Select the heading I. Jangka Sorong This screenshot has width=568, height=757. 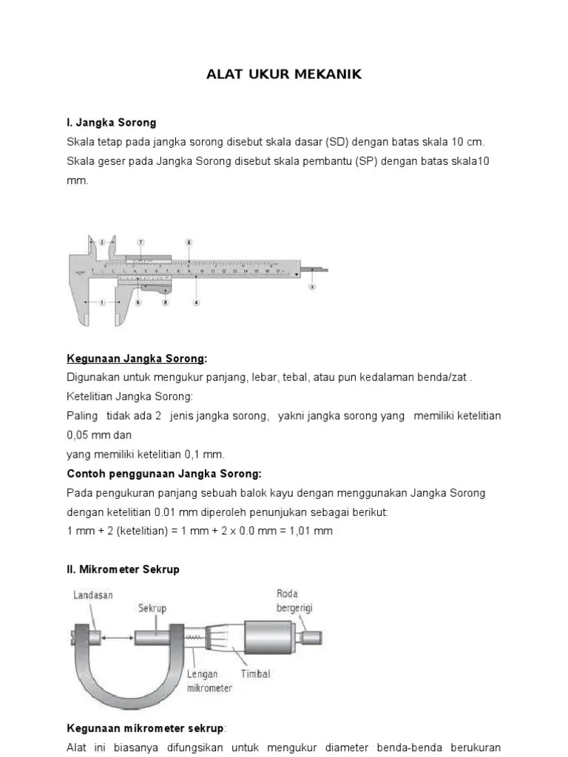click(x=111, y=122)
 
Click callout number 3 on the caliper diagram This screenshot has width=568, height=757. click(x=312, y=288)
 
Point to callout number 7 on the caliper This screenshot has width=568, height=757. click(x=140, y=242)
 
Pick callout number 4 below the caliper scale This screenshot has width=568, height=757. click(x=195, y=302)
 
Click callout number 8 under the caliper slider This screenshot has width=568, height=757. click(x=166, y=302)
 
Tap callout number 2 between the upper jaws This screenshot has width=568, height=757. click(x=102, y=242)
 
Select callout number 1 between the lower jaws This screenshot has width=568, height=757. click(x=102, y=302)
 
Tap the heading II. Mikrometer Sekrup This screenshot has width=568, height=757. click(x=123, y=570)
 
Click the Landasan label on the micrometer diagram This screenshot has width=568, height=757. click(x=93, y=595)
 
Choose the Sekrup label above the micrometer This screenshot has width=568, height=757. click(x=152, y=608)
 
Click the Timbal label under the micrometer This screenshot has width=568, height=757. click(x=255, y=673)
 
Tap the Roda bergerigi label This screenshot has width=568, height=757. click(x=291, y=600)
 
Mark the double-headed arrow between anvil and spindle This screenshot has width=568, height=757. click(x=119, y=636)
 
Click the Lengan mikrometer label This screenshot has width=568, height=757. click(x=209, y=681)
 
